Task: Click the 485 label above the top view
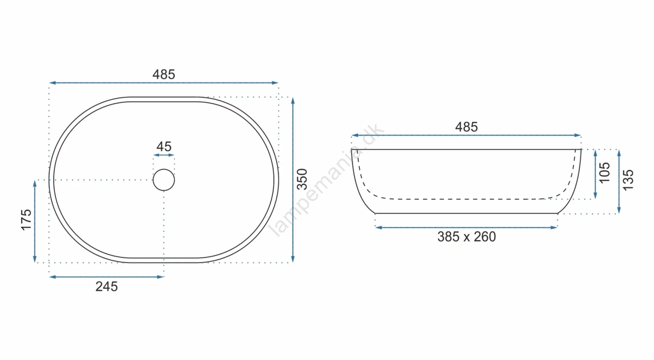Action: [x=164, y=74]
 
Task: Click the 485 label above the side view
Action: [x=466, y=127]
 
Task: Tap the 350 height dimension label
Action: [x=302, y=179]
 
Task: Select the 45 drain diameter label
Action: [x=164, y=147]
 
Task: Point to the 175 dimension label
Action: [x=26, y=220]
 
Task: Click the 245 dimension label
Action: [x=107, y=287]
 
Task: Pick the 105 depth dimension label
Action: [x=605, y=173]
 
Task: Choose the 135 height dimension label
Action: [x=628, y=180]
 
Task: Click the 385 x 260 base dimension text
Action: [x=466, y=237]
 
